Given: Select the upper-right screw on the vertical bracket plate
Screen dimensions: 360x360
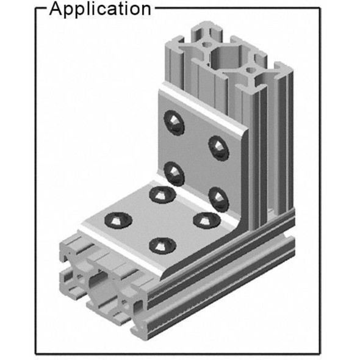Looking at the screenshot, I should click(x=218, y=146).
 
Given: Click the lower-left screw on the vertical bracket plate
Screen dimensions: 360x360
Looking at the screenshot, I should click(x=174, y=173).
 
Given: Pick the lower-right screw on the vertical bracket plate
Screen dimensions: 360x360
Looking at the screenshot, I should click(x=218, y=196).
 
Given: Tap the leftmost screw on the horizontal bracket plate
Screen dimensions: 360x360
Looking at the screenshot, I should click(x=115, y=220).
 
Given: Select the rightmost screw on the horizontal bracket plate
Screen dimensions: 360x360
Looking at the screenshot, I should click(x=201, y=219).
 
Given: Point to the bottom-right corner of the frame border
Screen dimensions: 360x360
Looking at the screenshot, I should click(x=319, y=353).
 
